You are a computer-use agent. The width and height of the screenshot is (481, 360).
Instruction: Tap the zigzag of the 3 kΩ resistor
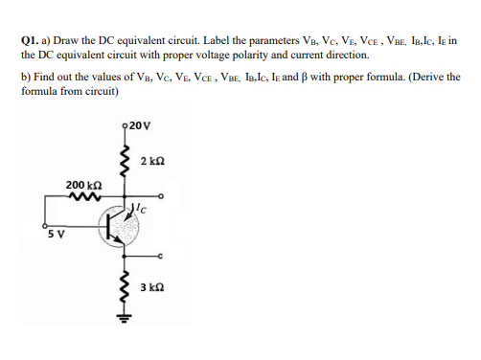tap(123, 287)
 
